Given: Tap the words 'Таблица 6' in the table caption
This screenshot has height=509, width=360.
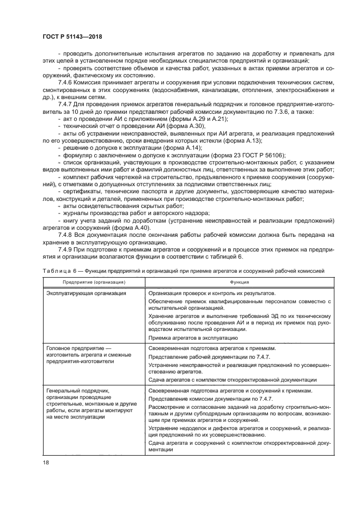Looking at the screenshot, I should point(57,270).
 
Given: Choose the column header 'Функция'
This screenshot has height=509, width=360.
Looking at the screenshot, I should point(239,283).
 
